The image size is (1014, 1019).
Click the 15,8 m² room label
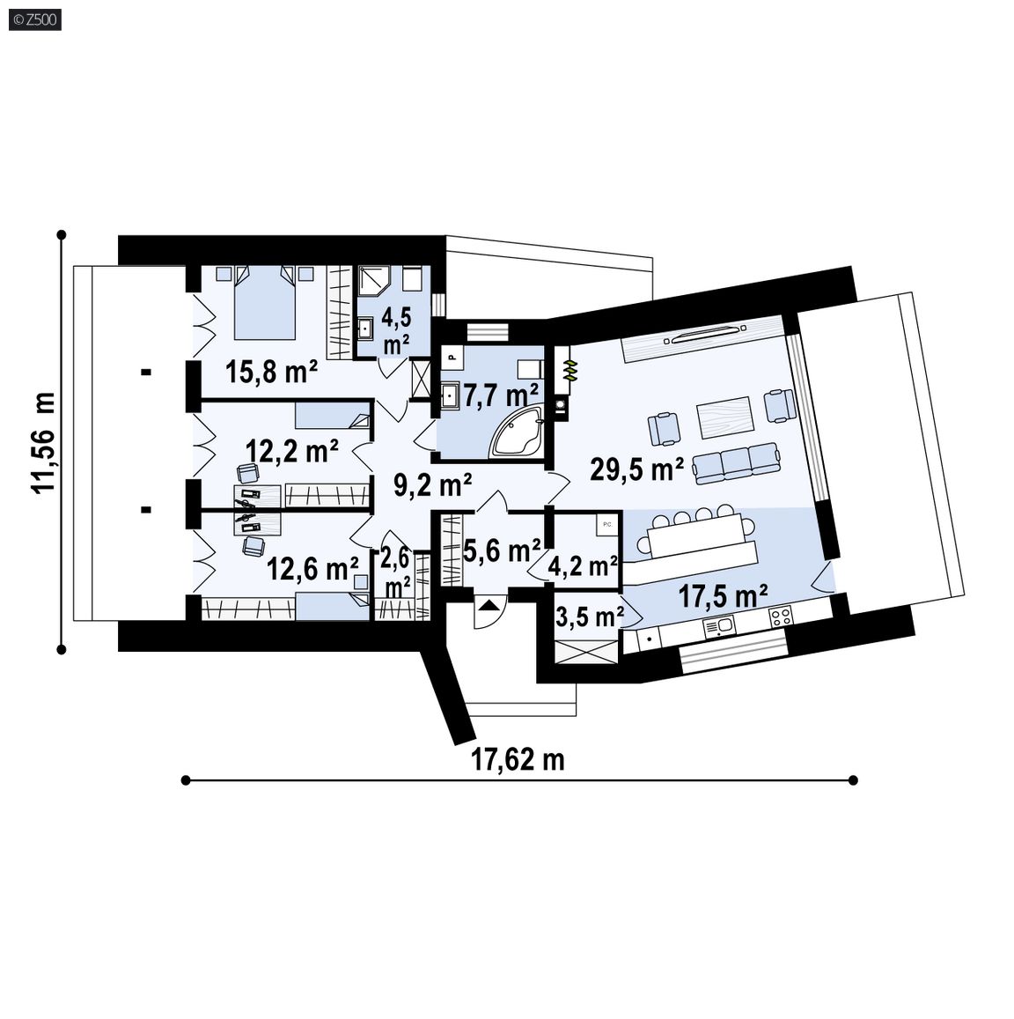pyautogui.click(x=271, y=372)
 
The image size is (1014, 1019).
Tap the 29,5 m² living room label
pyautogui.click(x=636, y=468)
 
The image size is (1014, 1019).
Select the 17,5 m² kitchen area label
pyautogui.click(x=723, y=594)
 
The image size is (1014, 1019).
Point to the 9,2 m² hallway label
pyautogui.click(x=433, y=484)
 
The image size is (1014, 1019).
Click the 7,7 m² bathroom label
pyautogui.click(x=501, y=395)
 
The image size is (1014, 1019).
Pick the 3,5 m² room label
pyautogui.click(x=590, y=616)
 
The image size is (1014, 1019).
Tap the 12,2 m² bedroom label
pyautogui.click(x=291, y=450)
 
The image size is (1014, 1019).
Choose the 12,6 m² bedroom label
pyautogui.click(x=312, y=569)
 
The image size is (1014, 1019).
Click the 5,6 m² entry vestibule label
pyautogui.click(x=502, y=550)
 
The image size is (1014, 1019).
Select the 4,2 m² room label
pyautogui.click(x=583, y=566)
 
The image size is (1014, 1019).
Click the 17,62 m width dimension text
pyautogui.click(x=517, y=758)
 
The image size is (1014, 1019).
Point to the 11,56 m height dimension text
pyautogui.click(x=43, y=442)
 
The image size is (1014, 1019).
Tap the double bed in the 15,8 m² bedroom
pyautogui.click(x=264, y=302)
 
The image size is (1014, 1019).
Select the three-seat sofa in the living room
pyautogui.click(x=736, y=462)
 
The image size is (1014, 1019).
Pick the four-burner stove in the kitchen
pyautogui.click(x=780, y=617)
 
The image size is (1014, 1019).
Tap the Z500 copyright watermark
pyautogui.click(x=36, y=20)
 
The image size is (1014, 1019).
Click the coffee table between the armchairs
pyautogui.click(x=724, y=417)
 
